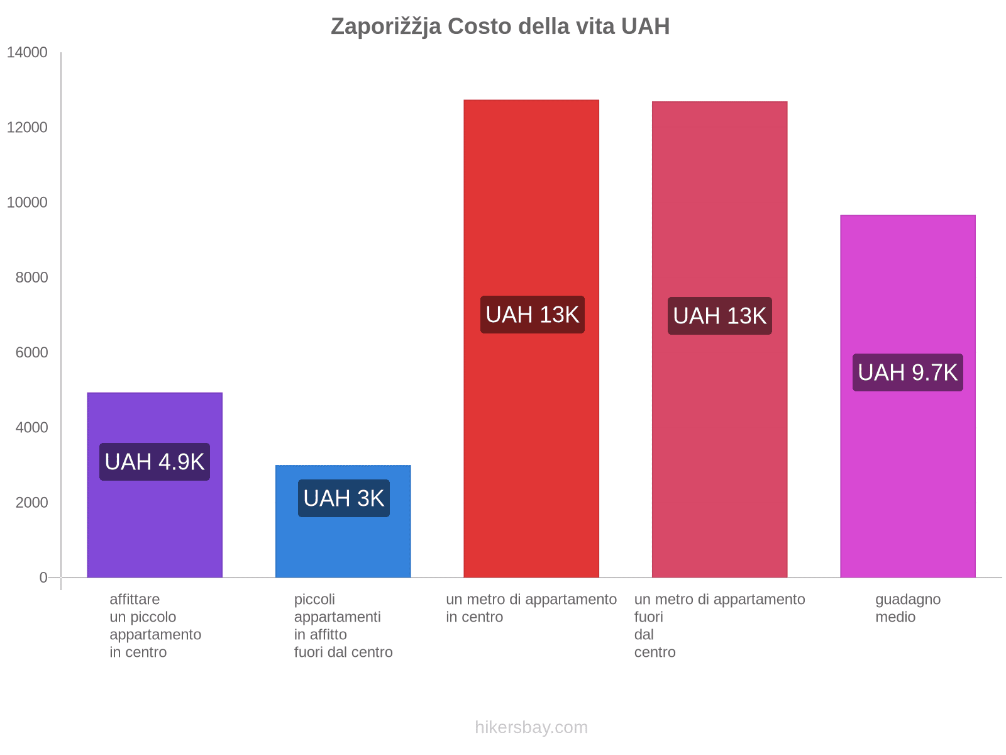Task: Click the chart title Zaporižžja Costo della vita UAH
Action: tap(500, 26)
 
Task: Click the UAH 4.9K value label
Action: tap(155, 462)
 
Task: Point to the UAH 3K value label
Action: tap(343, 498)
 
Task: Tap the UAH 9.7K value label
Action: tap(907, 372)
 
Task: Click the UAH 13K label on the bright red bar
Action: tap(532, 315)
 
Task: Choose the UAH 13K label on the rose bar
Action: tap(719, 316)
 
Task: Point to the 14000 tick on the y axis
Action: tap(27, 53)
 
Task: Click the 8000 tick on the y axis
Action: tap(31, 277)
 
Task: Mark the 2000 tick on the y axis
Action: tap(31, 503)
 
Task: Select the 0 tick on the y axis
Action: tap(43, 578)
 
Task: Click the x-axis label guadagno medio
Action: tap(907, 608)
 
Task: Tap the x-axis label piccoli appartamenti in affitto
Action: tap(343, 625)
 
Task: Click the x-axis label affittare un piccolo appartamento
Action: tap(155, 625)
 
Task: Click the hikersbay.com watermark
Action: tap(531, 727)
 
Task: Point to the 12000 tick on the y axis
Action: tap(27, 128)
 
